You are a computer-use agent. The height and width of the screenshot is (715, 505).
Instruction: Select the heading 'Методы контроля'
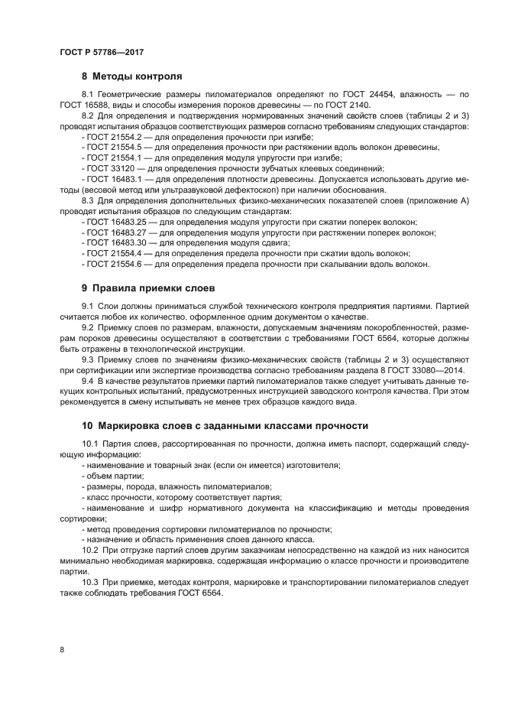137,76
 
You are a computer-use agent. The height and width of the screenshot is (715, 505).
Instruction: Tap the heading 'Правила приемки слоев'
154,288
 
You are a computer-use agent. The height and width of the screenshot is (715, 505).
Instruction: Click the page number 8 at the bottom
62,649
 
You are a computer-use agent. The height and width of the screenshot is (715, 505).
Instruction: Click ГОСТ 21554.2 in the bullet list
110,135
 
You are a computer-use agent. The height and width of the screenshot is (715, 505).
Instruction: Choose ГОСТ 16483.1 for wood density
110,178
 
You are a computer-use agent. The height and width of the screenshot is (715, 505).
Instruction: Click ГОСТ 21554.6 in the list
110,264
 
